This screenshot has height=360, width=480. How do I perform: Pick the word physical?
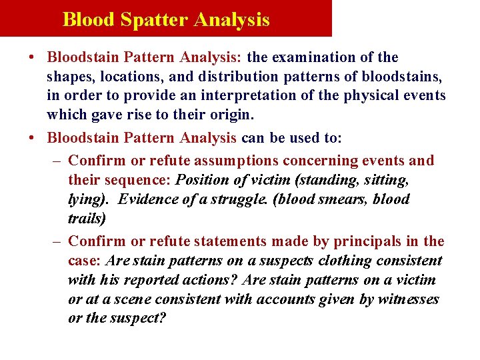(x=369, y=95)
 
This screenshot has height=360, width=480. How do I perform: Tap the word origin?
(x=230, y=115)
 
